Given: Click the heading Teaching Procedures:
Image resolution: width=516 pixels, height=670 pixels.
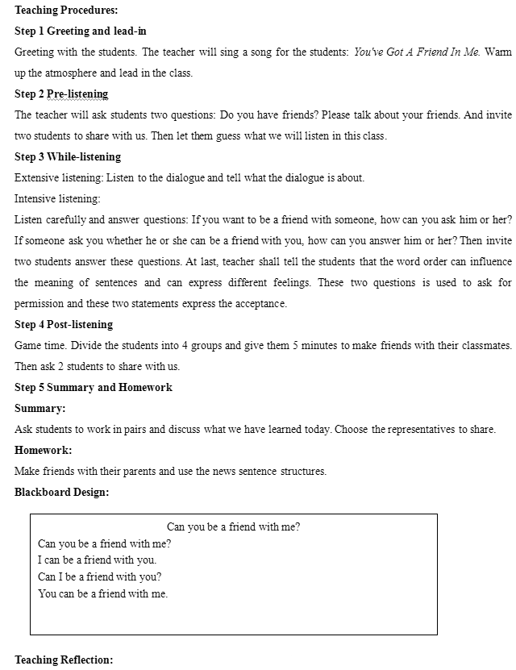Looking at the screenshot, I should [x=66, y=10].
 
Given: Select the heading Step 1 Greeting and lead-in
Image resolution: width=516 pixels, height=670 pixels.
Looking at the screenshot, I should [x=81, y=31].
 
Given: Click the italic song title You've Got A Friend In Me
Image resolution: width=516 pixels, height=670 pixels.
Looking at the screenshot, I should [x=417, y=52].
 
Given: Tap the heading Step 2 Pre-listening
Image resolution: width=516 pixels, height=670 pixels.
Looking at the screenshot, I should [x=61, y=94].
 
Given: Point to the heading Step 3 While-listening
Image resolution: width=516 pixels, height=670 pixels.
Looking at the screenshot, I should [x=68, y=157].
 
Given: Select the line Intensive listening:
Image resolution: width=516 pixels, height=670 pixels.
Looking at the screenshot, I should [x=57, y=199].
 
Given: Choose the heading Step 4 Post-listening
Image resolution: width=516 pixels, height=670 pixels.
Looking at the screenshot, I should [x=64, y=325].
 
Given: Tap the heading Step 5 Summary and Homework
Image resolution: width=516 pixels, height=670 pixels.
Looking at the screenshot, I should [x=94, y=388].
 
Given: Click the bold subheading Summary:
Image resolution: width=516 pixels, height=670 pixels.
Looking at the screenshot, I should [x=40, y=409].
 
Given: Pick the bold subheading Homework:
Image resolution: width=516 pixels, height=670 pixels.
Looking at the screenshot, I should [x=44, y=451].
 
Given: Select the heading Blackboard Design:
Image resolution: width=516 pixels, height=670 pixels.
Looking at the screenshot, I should [x=61, y=493].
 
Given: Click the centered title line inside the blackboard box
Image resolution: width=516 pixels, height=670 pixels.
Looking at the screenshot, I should [x=234, y=527].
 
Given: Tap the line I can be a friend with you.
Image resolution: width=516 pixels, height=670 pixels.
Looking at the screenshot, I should [x=98, y=560].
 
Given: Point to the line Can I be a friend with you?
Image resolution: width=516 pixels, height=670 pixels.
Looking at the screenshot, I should [x=100, y=577].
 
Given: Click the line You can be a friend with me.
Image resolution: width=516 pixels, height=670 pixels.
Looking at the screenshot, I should [x=103, y=594].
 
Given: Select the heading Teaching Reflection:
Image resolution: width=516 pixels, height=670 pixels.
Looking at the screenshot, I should [x=64, y=660].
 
